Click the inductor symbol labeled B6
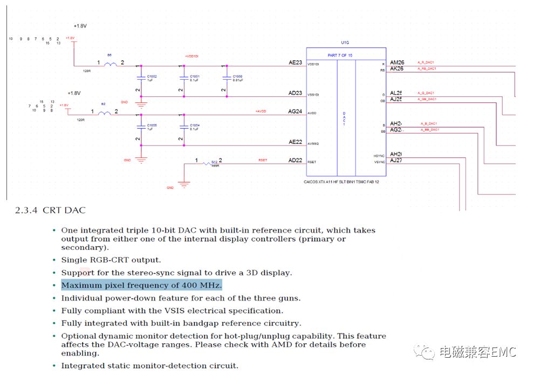(110, 64)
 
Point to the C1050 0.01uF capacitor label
(237, 78)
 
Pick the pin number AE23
(295, 63)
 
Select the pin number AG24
(295, 112)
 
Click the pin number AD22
(295, 160)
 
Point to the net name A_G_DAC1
(426, 93)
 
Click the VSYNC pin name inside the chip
(379, 162)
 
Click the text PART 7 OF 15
(339, 55)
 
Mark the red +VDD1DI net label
(192, 56)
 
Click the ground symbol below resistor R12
(184, 184)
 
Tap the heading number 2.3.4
(26, 210)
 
